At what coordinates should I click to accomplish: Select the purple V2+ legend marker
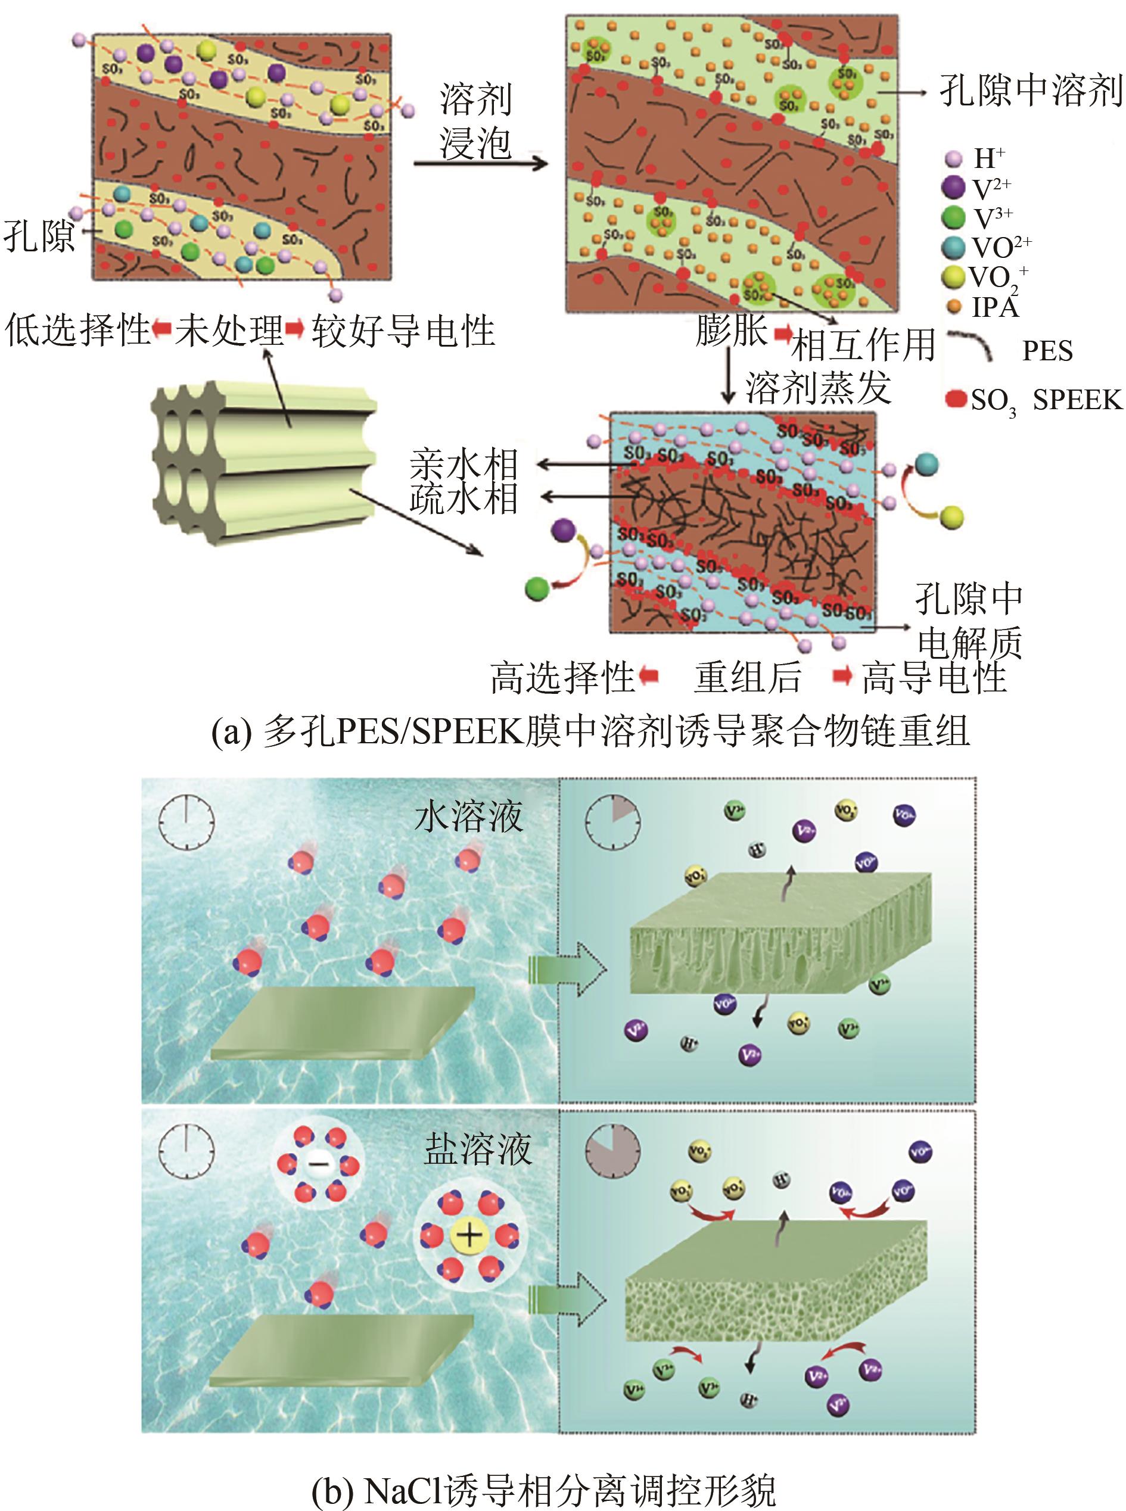pos(953,188)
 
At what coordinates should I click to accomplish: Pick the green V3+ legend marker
pos(953,217)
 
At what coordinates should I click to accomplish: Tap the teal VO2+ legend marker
pos(953,247)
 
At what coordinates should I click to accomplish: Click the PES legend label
pos(1047,351)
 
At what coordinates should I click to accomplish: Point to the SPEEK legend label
pos(1077,400)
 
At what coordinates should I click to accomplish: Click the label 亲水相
pos(464,465)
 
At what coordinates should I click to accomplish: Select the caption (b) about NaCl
pos(543,1487)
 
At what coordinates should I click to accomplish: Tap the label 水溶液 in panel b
pos(469,816)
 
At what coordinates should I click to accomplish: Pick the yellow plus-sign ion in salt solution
pos(469,1235)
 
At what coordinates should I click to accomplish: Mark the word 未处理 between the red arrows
pos(229,331)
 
